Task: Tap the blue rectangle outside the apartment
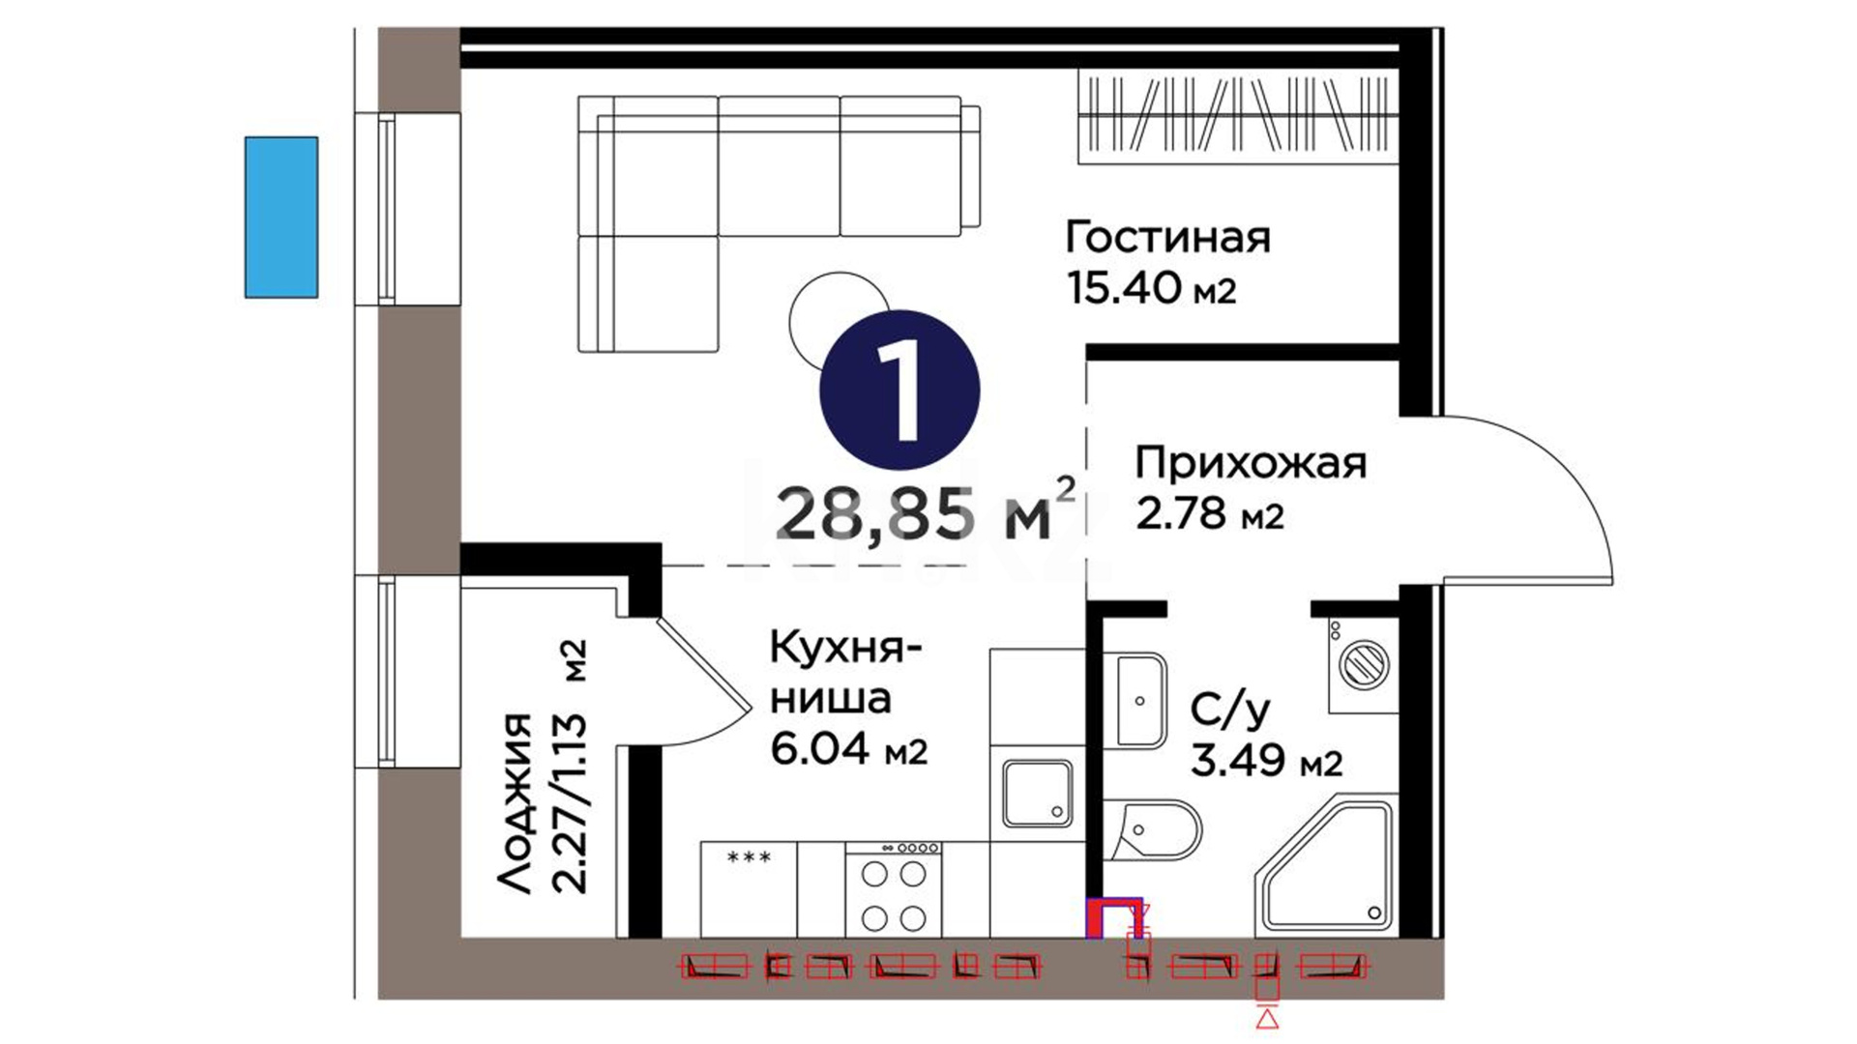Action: [280, 217]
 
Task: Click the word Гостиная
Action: [1167, 237]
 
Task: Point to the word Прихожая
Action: [1251, 463]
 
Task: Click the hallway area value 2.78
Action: [1181, 513]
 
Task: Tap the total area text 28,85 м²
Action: [925, 512]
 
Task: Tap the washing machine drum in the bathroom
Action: [1364, 665]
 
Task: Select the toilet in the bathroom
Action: [1152, 830]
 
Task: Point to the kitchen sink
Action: [1038, 793]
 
